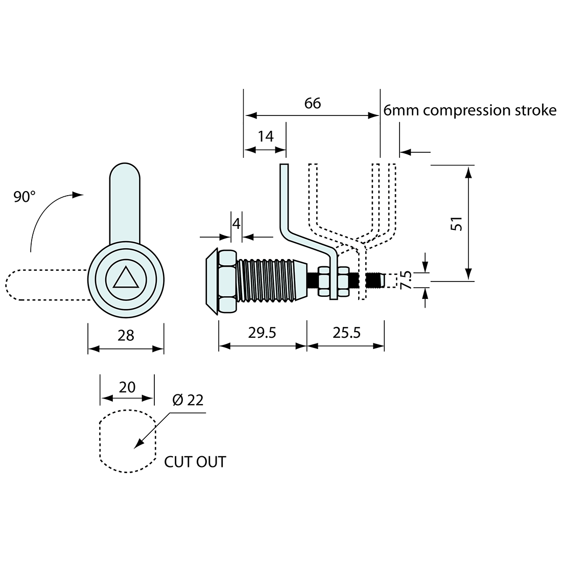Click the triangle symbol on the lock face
coord(126,278)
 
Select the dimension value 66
coord(313,103)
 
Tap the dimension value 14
coord(266,136)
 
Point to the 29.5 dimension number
coord(262,333)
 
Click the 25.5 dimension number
coord(346,333)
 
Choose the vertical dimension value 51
coord(457,223)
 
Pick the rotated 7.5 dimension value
coord(406,280)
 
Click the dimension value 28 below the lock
coord(126,335)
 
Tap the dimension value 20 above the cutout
coord(127,387)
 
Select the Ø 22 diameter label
coord(188,400)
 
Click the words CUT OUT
coord(195,462)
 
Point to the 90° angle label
coord(25,197)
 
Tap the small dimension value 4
coord(236,223)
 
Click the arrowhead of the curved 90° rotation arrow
coord(78,195)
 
